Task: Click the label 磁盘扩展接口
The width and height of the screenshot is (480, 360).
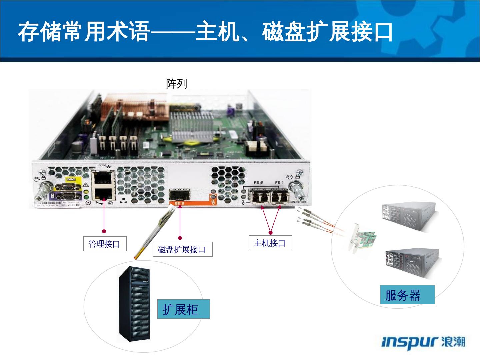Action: point(182,249)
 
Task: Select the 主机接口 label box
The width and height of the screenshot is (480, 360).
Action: point(270,243)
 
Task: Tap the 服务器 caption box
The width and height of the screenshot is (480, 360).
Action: point(407,295)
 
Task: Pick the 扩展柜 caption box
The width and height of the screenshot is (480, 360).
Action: point(183,309)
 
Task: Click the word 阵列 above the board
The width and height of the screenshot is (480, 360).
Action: point(177,84)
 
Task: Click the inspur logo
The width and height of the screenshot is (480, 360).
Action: point(423,342)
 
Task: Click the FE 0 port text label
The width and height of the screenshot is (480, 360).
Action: point(258,183)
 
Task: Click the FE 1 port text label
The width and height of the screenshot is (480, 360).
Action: point(279,183)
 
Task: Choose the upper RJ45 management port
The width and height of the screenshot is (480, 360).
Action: point(103,179)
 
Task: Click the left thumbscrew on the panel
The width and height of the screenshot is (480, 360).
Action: point(44,190)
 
